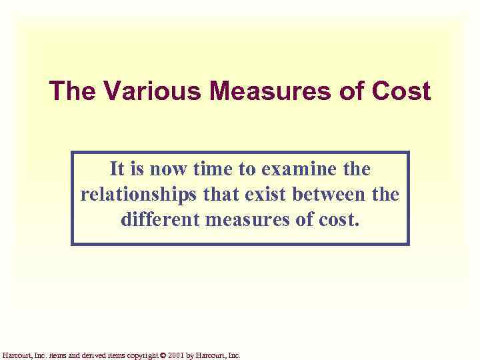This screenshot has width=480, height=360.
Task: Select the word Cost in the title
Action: (x=401, y=91)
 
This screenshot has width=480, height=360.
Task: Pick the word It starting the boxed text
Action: (x=117, y=169)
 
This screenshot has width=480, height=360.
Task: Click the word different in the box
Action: (x=160, y=219)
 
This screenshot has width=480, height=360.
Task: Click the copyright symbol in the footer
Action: (x=163, y=355)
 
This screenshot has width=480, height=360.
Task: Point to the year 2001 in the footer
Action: (x=176, y=355)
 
